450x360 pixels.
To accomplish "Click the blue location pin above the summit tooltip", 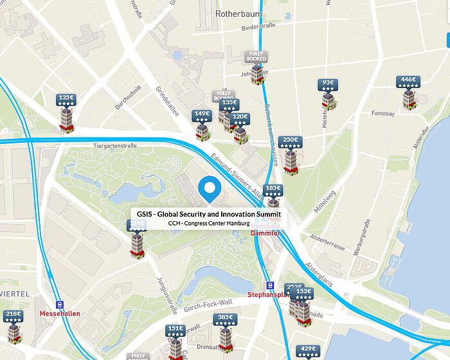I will click(210, 188).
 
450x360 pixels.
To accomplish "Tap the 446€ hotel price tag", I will click(409, 83).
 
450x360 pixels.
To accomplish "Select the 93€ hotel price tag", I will click(328, 85).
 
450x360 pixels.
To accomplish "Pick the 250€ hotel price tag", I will click(291, 142).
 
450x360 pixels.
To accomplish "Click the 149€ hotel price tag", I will click(202, 116).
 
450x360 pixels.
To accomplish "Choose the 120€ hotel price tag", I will click(240, 120).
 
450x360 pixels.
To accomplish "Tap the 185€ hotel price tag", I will click(273, 191).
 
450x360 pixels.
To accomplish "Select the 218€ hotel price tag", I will click(14, 317).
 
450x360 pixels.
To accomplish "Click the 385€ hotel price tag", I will click(225, 319).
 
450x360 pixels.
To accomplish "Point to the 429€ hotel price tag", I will click(306, 351).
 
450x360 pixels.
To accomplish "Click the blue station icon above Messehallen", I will click(60, 305).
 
